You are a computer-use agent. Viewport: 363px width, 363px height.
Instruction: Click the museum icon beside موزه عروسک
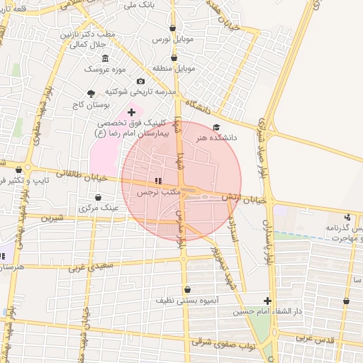tap(106, 58)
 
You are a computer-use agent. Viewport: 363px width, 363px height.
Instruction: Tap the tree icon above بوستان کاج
tap(90, 94)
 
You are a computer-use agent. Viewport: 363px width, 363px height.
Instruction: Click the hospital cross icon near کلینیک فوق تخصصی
tap(131, 112)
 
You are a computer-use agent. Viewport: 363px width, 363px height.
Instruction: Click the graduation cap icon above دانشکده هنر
tap(216, 127)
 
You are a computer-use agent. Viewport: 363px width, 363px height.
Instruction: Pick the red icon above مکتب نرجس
tap(157, 181)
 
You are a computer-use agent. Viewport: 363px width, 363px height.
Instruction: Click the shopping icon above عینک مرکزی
tap(98, 198)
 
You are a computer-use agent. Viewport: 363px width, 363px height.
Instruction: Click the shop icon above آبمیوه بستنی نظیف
tap(187, 289)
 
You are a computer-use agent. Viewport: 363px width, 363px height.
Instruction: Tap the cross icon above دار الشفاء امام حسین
tap(267, 301)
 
